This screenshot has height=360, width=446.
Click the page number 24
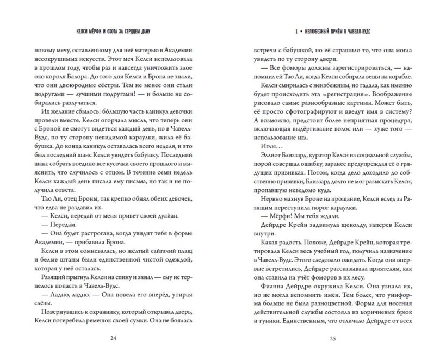coord(113,338)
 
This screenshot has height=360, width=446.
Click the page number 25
coord(333,338)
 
